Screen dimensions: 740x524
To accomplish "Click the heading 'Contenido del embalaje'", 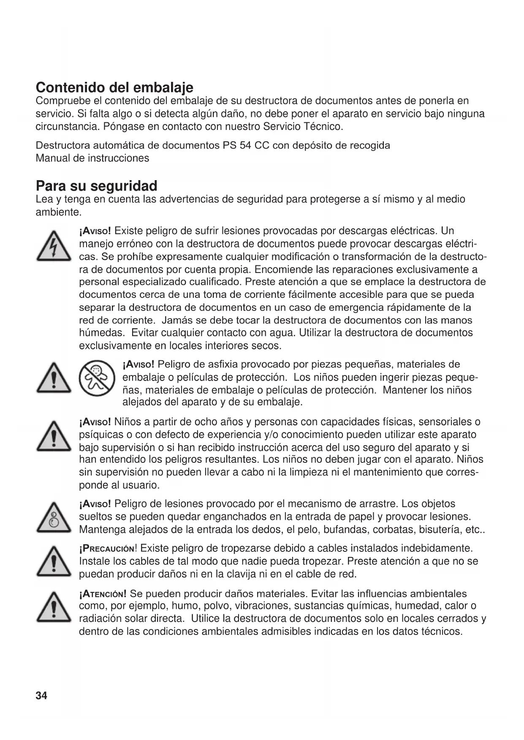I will pyautogui.click(x=114, y=87).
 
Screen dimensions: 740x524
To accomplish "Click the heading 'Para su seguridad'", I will pyautogui.click(x=96, y=186).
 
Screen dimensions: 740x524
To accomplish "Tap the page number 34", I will pyautogui.click(x=41, y=696).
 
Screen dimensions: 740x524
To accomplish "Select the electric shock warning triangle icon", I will pyautogui.click(x=53, y=247).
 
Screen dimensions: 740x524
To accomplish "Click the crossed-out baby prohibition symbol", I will pyautogui.click(x=97, y=378).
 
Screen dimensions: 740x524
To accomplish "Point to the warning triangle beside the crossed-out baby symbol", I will pyautogui.click(x=53, y=378).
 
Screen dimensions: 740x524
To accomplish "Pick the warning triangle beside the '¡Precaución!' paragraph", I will pyautogui.click(x=53, y=562).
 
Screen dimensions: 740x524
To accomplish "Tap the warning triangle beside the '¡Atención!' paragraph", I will pyautogui.click(x=53, y=607).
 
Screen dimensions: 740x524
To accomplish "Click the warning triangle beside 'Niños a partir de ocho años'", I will pyautogui.click(x=53, y=437).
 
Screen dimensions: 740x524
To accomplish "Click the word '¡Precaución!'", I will pyautogui.click(x=109, y=548).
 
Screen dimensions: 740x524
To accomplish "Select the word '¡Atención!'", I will pyautogui.click(x=103, y=594).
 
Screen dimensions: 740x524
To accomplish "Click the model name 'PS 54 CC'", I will pyautogui.click(x=246, y=146).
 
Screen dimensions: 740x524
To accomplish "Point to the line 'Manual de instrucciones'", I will pyautogui.click(x=92, y=158).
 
